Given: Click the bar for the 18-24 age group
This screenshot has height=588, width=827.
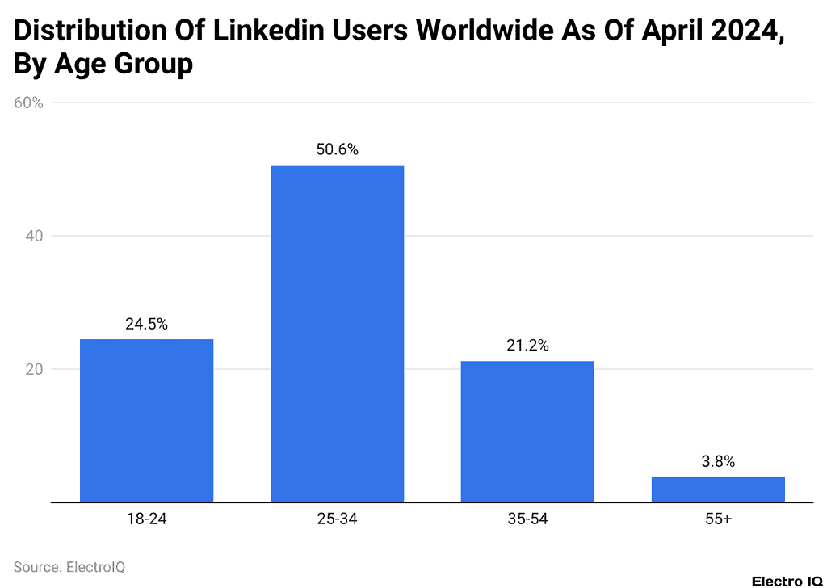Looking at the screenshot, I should (146, 420).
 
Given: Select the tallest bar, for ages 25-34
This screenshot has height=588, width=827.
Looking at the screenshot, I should (337, 333).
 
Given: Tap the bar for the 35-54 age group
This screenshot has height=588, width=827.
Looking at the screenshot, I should (527, 431).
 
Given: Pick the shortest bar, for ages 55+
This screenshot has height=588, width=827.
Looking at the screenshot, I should (718, 489).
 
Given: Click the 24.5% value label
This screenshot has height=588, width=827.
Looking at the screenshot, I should (146, 324).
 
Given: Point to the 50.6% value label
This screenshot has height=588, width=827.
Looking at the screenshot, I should (337, 149).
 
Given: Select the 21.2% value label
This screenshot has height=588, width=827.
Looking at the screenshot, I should (527, 346).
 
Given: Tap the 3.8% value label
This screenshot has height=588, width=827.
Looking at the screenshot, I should (718, 462).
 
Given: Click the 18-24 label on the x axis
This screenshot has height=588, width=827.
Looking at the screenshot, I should (146, 519).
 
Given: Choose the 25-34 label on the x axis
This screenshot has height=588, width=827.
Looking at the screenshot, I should (337, 519).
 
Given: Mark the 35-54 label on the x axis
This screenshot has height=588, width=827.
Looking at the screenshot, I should (527, 519).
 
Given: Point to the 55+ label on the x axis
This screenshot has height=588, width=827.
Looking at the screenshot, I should (718, 519).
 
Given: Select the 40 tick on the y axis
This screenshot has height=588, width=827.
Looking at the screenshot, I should (31, 236).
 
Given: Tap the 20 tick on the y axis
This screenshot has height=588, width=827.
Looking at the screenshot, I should (31, 369).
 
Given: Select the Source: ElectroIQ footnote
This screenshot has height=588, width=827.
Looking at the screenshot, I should (69, 567).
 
